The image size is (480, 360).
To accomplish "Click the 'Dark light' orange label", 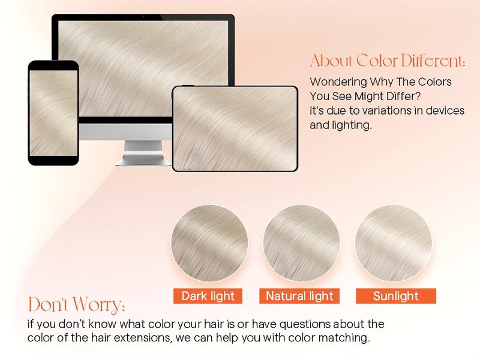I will [x=208, y=296].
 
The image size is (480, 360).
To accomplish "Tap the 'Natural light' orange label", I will [x=300, y=296].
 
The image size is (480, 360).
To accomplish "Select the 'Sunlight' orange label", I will [x=395, y=296].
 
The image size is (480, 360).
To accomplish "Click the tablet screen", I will [x=235, y=128].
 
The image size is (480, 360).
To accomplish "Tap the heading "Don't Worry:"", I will [x=76, y=304].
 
